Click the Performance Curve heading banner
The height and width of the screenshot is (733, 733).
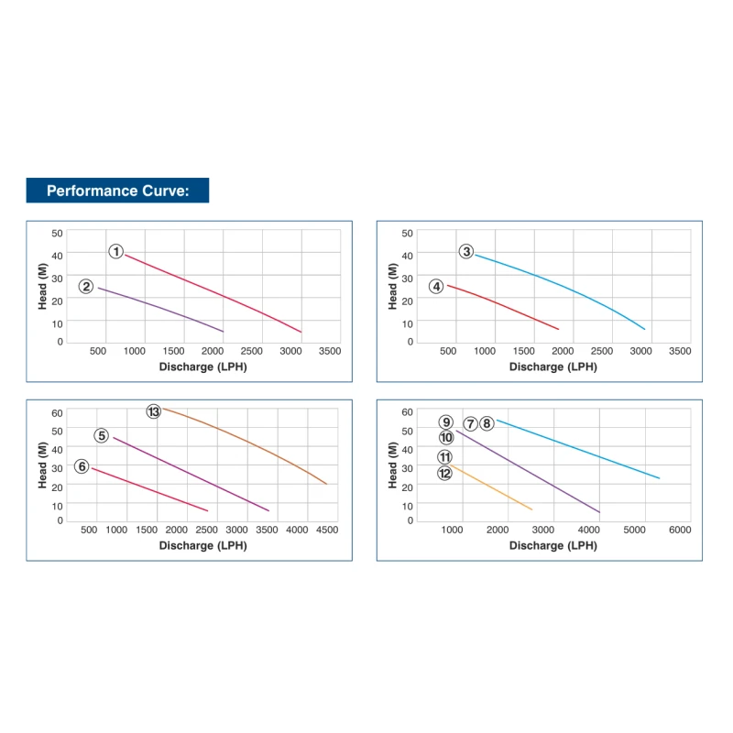[117, 191]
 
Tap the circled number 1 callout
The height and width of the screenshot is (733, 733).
[116, 251]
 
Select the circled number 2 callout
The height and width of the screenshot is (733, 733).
[86, 286]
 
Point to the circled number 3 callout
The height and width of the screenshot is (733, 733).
[466, 251]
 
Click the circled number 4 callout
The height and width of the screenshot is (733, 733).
[436, 286]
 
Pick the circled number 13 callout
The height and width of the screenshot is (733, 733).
[154, 411]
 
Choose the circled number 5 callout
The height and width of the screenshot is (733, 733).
[102, 435]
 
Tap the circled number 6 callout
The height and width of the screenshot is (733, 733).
[82, 466]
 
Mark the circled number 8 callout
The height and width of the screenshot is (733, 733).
[487, 423]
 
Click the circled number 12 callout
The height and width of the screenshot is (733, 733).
[445, 473]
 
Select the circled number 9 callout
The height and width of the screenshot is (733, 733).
[446, 422]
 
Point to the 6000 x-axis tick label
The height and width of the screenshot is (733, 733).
[678, 530]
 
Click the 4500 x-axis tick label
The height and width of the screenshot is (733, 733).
[326, 530]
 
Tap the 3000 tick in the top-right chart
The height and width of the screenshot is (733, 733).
[640, 351]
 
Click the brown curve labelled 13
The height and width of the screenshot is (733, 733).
[247, 439]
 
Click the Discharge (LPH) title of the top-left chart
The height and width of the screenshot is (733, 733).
[202, 366]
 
